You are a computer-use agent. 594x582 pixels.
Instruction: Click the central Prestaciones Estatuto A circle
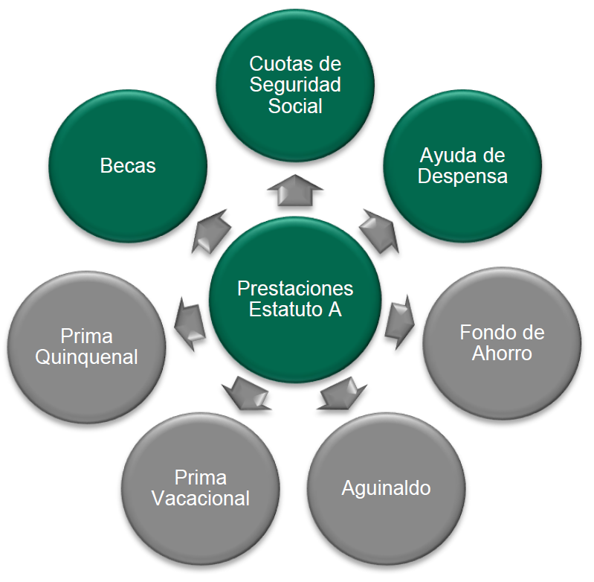pos(295,298)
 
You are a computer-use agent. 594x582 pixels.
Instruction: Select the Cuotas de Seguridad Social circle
pos(295,83)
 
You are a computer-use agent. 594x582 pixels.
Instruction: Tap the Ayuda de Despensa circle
pos(462,166)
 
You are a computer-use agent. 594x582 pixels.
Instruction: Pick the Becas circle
pos(128,166)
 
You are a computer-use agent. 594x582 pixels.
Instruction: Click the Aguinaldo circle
pos(386,489)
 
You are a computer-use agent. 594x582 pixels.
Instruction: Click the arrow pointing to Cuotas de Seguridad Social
pos(294,190)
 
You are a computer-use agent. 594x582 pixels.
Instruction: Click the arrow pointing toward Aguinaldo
pos(342,393)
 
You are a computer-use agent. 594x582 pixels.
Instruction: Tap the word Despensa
pos(462,177)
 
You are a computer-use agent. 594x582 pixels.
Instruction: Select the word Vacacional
pos(201,499)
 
